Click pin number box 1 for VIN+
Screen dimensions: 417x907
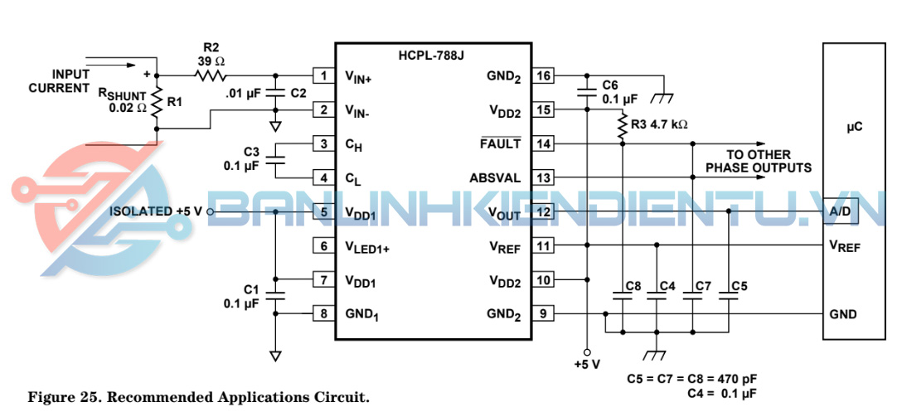(323, 76)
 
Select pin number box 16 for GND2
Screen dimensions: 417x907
(544, 76)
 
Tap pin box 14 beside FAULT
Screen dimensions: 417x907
(544, 143)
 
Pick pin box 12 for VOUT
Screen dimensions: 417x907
(544, 212)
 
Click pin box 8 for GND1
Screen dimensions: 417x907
(323, 313)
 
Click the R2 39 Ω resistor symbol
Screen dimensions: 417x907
(211, 76)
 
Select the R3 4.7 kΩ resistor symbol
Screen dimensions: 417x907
(621, 125)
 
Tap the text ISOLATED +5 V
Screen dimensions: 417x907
(156, 212)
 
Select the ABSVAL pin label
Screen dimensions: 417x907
(495, 177)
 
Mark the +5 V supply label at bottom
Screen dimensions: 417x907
(586, 364)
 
